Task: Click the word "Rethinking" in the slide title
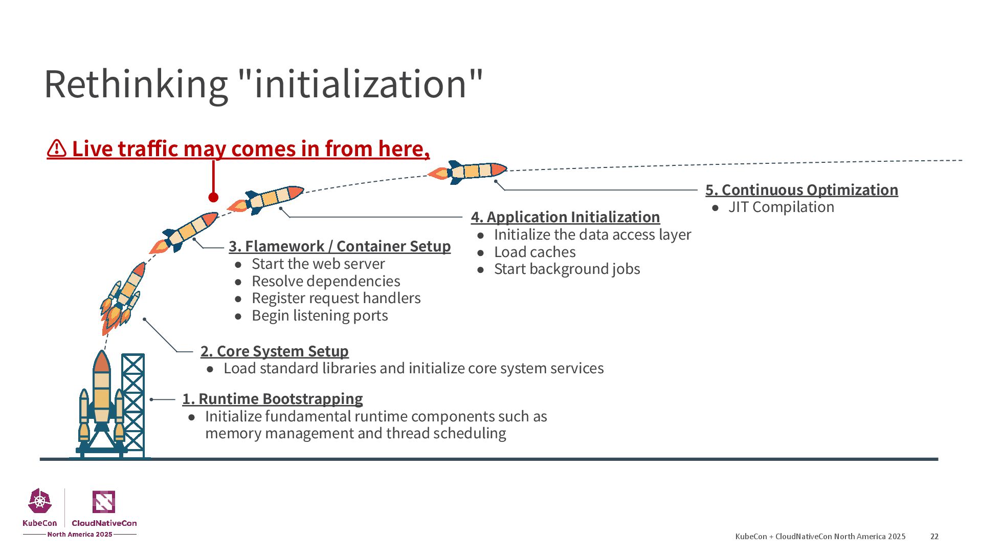136,84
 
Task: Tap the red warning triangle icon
57,149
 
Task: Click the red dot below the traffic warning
213,197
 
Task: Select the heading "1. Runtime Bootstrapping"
272,399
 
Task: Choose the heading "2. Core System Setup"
274,351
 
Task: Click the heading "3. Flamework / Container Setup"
340,246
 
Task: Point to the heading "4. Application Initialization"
565,217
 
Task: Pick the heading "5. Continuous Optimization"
801,190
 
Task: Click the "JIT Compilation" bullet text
781,207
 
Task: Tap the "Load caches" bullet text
534,252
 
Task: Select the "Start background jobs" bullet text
567,269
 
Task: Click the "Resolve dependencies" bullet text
326,282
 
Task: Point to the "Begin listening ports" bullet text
320,316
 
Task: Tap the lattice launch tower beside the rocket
133,405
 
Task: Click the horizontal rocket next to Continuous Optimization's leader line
469,172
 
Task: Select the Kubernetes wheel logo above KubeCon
40,501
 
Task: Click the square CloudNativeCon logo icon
103,502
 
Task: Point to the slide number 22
934,537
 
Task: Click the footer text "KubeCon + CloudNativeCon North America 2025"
820,537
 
